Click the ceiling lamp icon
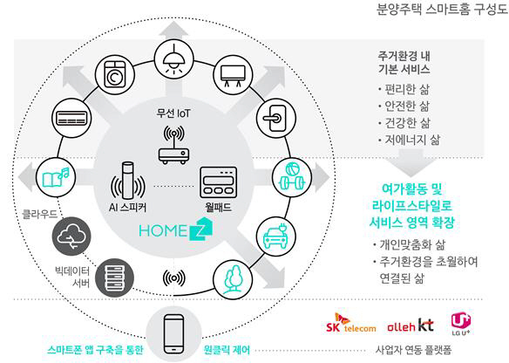[173, 59]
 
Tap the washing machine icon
[115, 75]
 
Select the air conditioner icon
[71, 118]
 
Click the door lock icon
[276, 118]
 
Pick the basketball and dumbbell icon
[291, 177]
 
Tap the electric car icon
[275, 236]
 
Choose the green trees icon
[233, 279]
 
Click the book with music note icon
[56, 177]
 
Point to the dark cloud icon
[71, 236]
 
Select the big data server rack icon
[115, 277]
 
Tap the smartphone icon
[173, 334]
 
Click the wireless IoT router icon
[173, 144]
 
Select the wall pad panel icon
[218, 182]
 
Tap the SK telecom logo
[350, 324]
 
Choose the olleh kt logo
[411, 325]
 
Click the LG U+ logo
[461, 324]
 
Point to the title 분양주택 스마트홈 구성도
[442, 9]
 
